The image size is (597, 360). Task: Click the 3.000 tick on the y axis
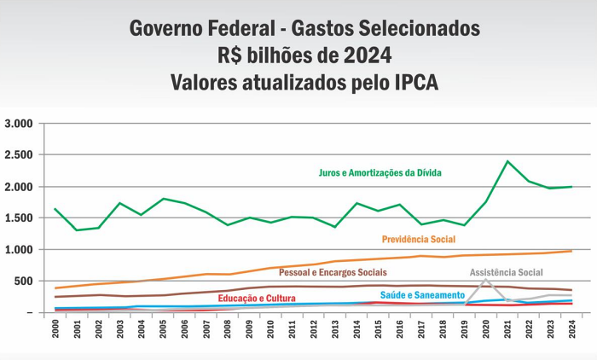pos(18,124)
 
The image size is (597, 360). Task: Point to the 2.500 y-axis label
pos(18,155)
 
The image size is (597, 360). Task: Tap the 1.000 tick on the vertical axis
pos(18,250)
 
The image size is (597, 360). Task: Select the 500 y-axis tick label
pos(23,282)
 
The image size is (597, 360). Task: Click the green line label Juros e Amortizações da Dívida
pos(380,172)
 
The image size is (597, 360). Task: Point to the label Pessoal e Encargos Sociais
pos(333,272)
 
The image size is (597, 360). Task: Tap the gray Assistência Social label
pos(506,273)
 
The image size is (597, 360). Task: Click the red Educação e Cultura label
pos(257,298)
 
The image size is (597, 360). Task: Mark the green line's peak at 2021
pos(507,161)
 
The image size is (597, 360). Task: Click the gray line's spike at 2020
pos(486,280)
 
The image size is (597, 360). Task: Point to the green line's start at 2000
pos(55,209)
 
